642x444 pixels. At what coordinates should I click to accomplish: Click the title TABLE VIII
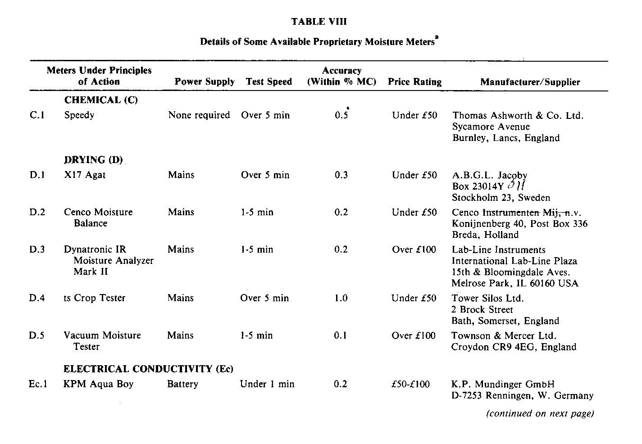tap(319, 22)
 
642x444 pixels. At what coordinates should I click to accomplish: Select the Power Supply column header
tap(205, 82)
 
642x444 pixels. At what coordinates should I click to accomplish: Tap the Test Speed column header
tap(269, 82)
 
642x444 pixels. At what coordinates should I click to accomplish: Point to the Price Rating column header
tap(414, 82)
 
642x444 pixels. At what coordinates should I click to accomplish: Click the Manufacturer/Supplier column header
tap(530, 82)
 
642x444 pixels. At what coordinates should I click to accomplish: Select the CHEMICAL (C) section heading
tap(101, 100)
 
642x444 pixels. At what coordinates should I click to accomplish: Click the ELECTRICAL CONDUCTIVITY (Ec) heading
tap(148, 369)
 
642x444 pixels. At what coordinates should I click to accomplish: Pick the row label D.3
tap(37, 249)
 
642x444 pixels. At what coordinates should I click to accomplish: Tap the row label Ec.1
tap(38, 384)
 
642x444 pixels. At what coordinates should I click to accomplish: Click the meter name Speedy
tap(79, 115)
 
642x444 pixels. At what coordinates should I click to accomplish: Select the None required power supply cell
tap(199, 115)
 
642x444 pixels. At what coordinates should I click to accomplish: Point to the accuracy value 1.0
tap(341, 298)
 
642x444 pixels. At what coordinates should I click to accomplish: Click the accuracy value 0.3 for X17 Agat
tap(341, 175)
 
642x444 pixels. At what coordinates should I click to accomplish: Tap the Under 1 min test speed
tap(267, 384)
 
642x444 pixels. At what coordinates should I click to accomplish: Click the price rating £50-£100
tap(410, 384)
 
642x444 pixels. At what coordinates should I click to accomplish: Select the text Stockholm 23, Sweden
tap(501, 198)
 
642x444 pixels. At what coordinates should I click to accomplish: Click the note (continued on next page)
tap(540, 413)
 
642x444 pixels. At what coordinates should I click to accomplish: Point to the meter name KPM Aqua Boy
tap(99, 384)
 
